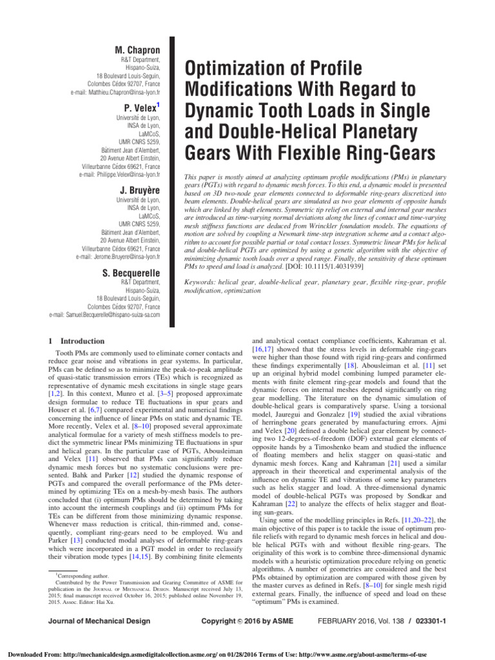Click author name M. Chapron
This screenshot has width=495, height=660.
(137, 50)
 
